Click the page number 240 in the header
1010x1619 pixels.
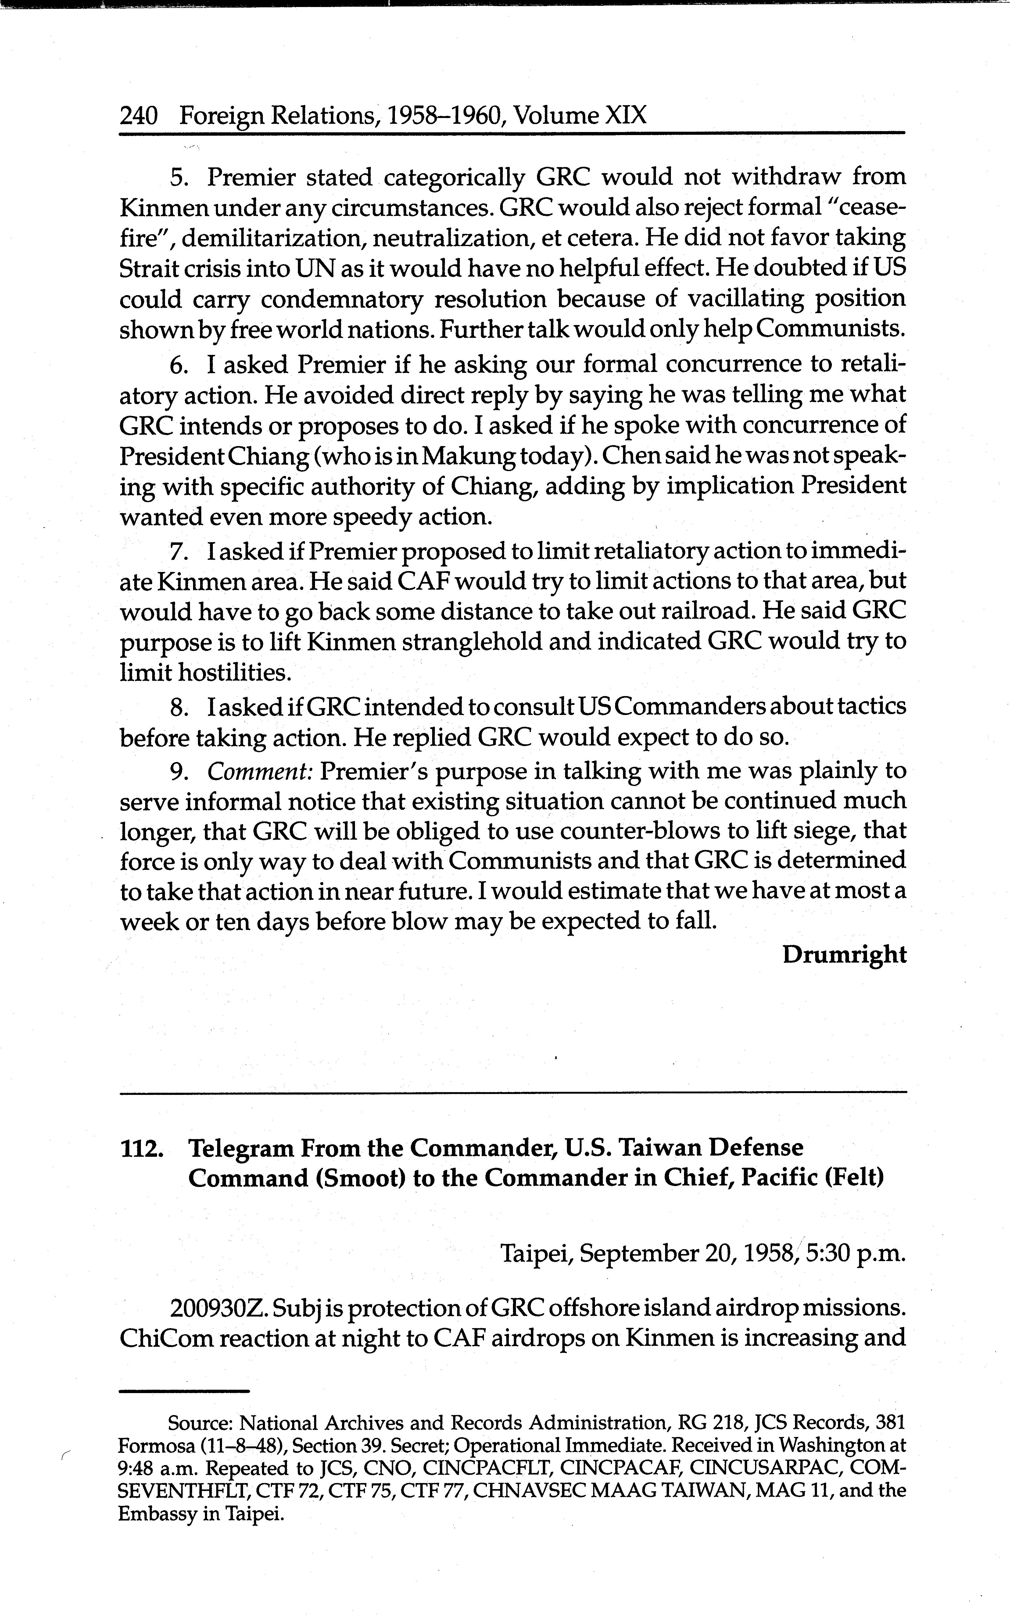pos(138,116)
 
